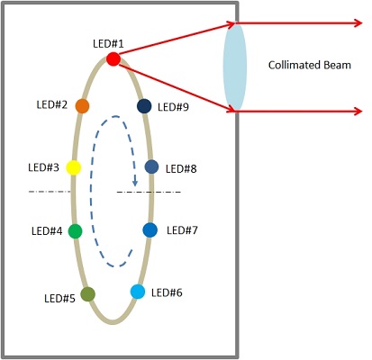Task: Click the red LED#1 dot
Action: (x=113, y=58)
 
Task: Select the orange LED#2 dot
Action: (x=82, y=106)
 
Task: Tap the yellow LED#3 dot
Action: (x=74, y=167)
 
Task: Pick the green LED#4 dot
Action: (x=75, y=231)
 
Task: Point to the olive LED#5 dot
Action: (x=88, y=294)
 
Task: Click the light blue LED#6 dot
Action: (x=138, y=292)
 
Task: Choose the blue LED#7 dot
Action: (x=150, y=230)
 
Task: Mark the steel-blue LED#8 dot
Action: (x=151, y=166)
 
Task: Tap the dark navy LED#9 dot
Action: (x=144, y=106)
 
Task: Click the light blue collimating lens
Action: (x=235, y=67)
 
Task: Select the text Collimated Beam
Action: (x=310, y=65)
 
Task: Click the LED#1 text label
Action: (x=108, y=44)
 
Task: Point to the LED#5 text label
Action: (x=59, y=298)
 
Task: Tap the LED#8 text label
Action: (x=181, y=169)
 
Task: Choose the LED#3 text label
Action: (x=43, y=167)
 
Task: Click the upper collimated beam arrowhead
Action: (x=358, y=23)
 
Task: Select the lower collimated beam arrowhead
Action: (x=358, y=112)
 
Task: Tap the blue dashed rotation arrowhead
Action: (x=135, y=182)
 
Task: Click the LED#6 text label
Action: (x=167, y=292)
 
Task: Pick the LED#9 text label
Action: (x=173, y=107)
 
